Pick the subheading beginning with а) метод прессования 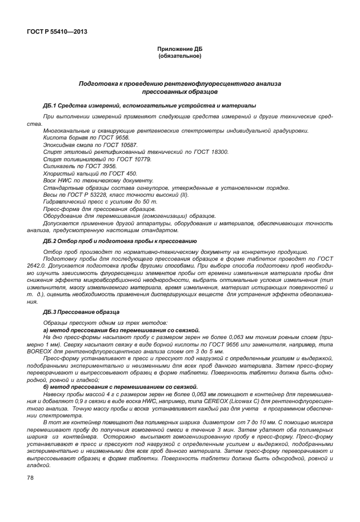pos(121,330)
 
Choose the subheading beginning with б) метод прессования pos(120,388)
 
